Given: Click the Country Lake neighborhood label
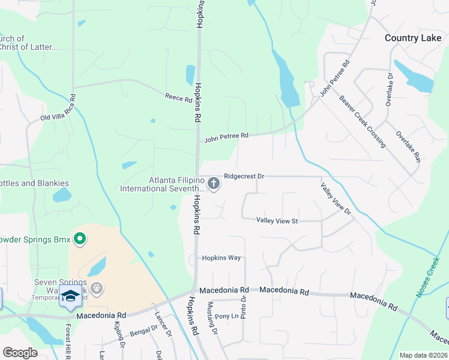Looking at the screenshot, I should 413,38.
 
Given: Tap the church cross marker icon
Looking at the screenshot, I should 214,182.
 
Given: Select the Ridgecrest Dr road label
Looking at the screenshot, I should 244,176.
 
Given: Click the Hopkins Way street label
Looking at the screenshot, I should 221,258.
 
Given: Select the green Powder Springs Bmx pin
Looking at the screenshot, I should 79,240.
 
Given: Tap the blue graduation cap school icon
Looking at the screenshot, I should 70,296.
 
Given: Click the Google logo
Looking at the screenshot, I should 20,353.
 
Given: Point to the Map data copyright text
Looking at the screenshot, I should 424,355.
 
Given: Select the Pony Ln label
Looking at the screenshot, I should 226,316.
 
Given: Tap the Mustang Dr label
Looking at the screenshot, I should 211,314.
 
